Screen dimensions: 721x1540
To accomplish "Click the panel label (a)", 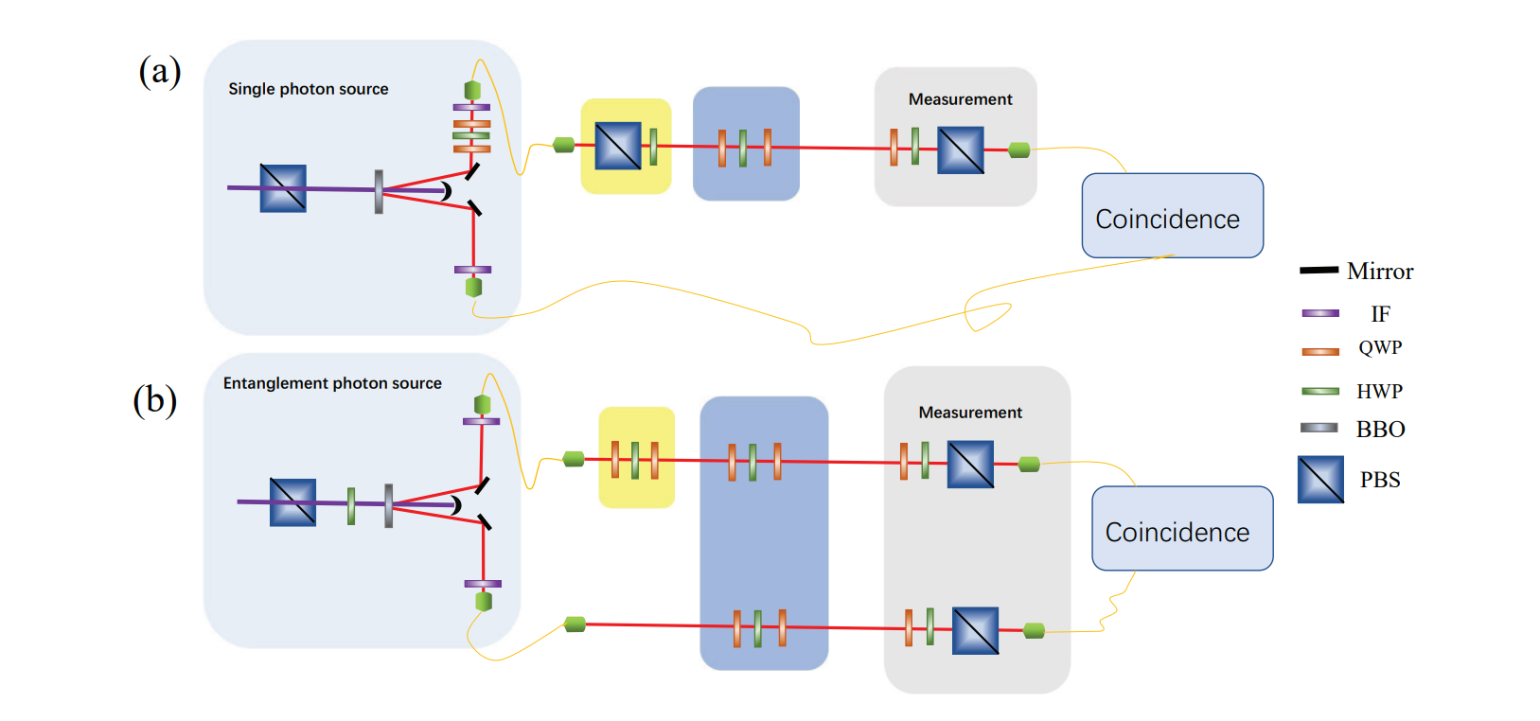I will (x=159, y=71).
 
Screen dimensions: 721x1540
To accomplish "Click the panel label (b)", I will (x=154, y=400).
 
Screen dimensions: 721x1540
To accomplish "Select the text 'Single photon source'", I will (x=308, y=89).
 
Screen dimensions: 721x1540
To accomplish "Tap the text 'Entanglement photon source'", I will (x=332, y=383).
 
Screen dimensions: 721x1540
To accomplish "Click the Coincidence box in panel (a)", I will (x=1172, y=216).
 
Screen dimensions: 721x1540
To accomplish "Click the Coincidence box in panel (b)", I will (x=1181, y=529).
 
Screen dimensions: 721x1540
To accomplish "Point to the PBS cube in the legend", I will (x=1320, y=480).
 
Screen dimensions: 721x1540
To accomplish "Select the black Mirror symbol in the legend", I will (x=1319, y=271).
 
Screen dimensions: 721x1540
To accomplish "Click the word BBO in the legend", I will (x=1380, y=430).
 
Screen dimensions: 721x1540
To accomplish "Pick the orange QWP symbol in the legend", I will (x=1319, y=351).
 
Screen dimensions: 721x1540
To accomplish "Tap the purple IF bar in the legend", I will (x=1319, y=313).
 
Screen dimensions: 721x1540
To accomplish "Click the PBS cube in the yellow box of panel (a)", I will (x=617, y=147).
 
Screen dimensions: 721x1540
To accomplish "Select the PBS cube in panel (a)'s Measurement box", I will (x=960, y=150).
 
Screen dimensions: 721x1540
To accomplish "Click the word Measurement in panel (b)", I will (x=970, y=413).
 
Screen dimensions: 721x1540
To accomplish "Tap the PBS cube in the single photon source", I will (x=283, y=188).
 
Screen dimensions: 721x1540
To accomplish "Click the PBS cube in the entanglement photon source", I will (x=292, y=502).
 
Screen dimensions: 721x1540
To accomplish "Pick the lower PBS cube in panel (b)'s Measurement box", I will (x=975, y=631).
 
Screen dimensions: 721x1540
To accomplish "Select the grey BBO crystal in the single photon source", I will (x=379, y=191).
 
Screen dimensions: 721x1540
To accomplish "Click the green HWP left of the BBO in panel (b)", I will (x=351, y=505).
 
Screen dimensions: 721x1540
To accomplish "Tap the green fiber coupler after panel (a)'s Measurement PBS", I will (x=1018, y=149).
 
